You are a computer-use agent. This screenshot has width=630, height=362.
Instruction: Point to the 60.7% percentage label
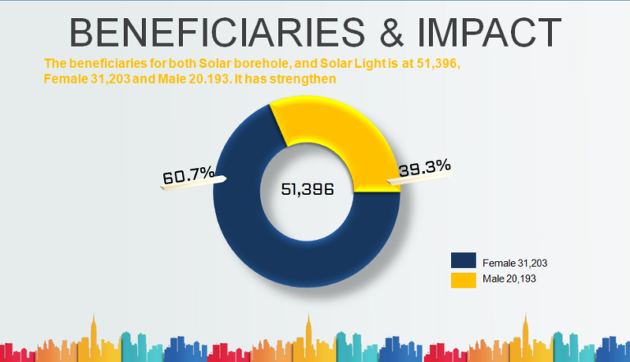(189, 174)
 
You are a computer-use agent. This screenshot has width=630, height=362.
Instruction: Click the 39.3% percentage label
(424, 167)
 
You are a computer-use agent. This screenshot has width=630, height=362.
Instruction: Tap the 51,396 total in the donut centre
(308, 189)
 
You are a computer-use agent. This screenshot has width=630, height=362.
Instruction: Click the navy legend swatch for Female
(463, 261)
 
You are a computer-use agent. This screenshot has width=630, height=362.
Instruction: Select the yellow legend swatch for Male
(463, 280)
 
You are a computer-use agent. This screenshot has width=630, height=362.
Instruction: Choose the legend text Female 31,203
(514, 262)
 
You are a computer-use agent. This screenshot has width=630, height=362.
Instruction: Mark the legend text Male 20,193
(509, 280)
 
